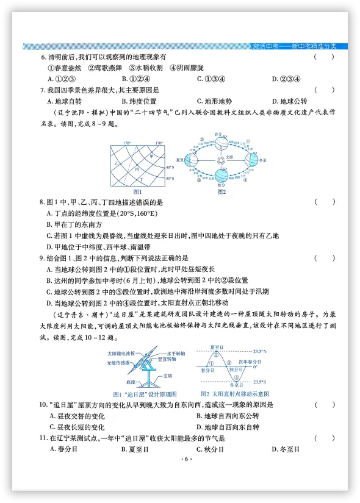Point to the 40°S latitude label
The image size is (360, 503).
coord(170,167)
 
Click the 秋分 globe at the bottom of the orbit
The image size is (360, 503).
coord(220,177)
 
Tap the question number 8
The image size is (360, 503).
coord(41,202)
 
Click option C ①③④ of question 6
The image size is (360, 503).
coord(212,79)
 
